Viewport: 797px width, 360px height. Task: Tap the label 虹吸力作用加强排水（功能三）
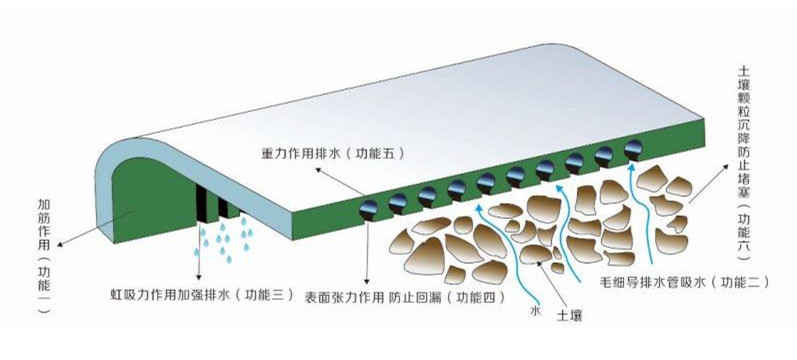click(202, 294)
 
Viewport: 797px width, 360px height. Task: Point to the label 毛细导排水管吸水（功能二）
click(684, 283)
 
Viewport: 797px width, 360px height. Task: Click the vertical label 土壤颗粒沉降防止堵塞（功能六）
click(743, 163)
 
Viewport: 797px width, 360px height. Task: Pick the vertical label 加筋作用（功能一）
click(44, 255)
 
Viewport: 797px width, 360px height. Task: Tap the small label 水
click(535, 311)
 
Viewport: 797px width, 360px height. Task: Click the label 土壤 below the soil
click(569, 315)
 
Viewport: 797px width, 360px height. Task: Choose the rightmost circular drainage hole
click(633, 148)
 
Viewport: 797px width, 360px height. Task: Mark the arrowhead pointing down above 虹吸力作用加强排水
click(199, 277)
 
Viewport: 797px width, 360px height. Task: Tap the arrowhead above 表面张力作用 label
click(367, 281)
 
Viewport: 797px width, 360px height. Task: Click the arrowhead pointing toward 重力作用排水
click(319, 169)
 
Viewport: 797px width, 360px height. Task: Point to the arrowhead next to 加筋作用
click(60, 245)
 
